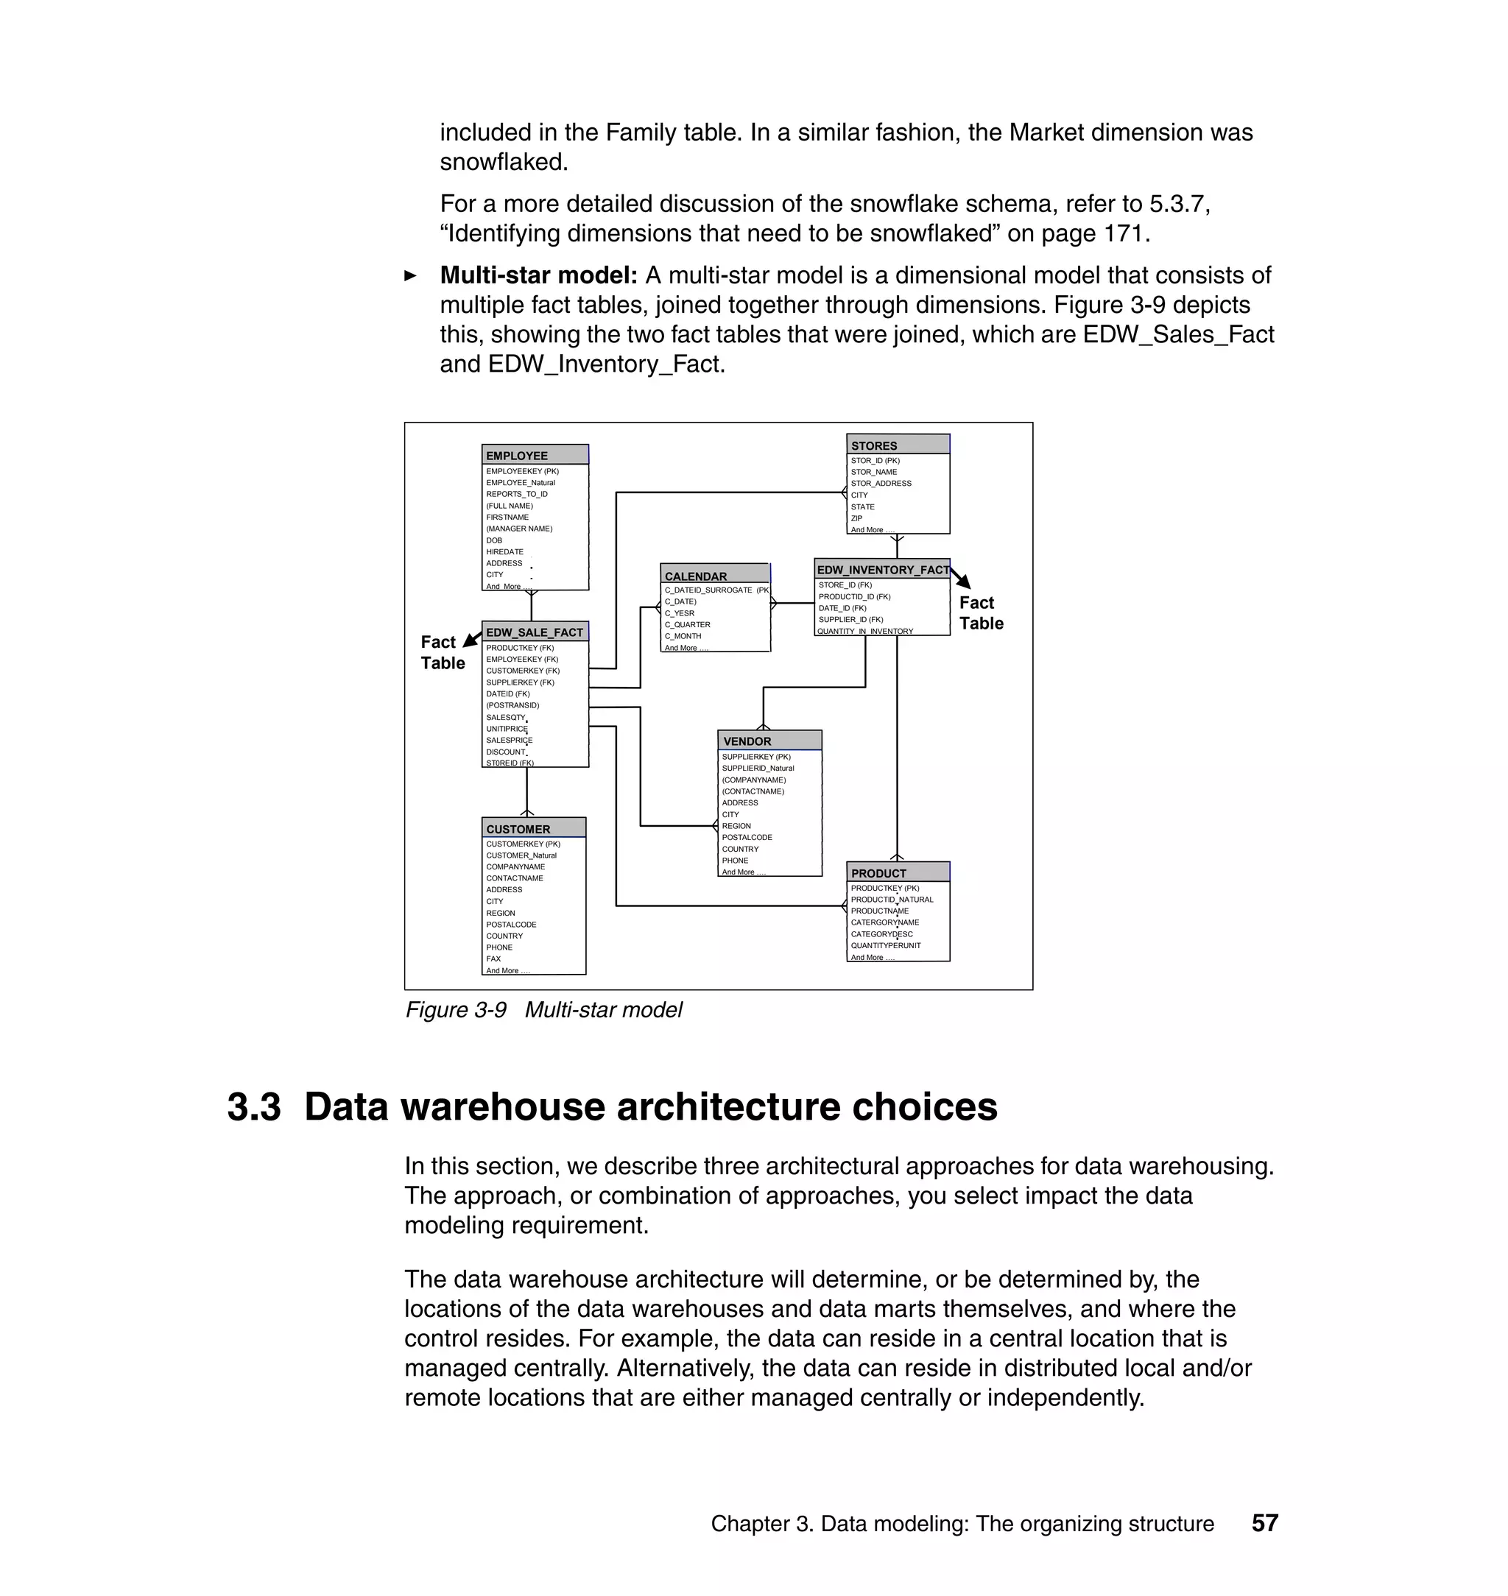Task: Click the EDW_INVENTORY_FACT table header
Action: (882, 569)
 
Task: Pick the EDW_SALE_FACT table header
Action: (535, 632)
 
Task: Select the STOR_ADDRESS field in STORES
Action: (881, 483)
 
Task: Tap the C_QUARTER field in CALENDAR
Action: (687, 624)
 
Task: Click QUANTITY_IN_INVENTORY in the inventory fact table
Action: (865, 631)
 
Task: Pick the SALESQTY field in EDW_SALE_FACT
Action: (506, 717)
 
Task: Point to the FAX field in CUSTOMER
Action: (493, 958)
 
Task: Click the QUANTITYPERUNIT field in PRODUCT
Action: (886, 945)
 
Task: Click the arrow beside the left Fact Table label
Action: (473, 639)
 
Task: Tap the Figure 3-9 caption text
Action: (543, 1009)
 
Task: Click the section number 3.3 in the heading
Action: (254, 1106)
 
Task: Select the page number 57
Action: (1264, 1523)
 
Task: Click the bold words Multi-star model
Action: (538, 275)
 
